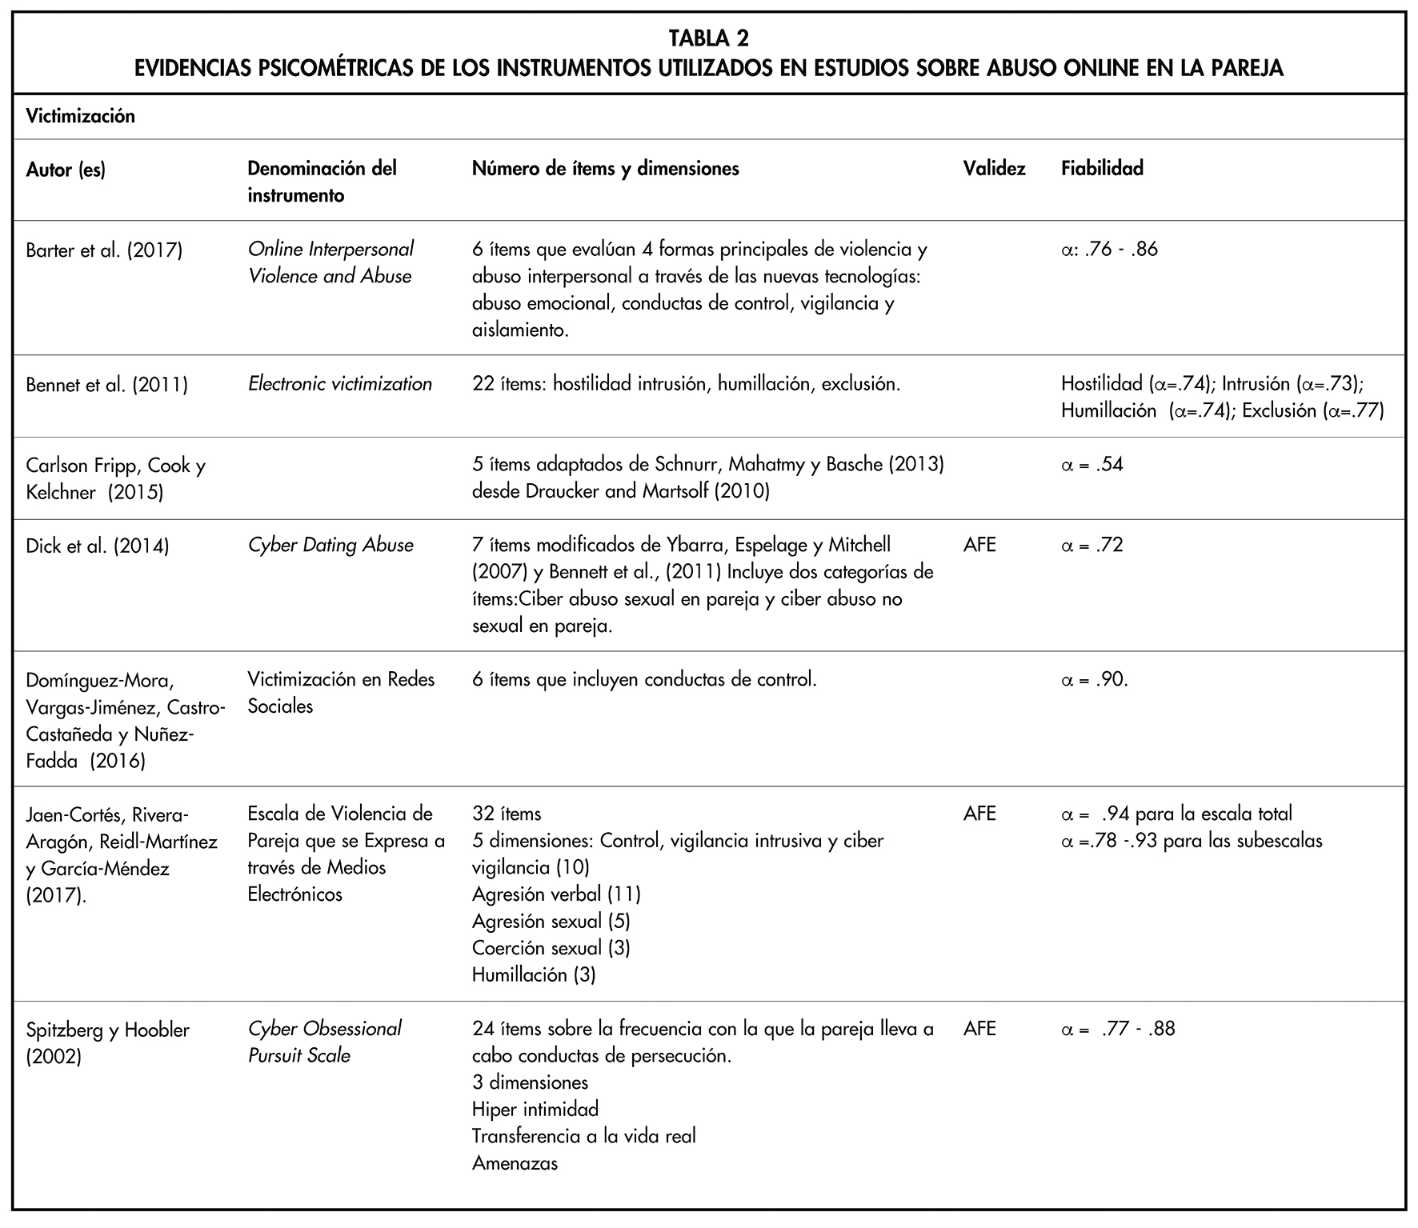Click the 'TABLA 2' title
(708, 38)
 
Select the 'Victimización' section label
(80, 117)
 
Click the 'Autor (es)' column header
(66, 170)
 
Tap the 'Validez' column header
(994, 169)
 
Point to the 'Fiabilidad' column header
(1102, 169)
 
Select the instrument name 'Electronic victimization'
(339, 385)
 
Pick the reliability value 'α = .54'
(1092, 465)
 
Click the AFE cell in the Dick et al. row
(979, 546)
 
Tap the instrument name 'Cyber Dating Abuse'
(330, 546)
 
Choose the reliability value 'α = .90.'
(1094, 680)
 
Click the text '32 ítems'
(507, 814)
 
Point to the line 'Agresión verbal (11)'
(556, 894)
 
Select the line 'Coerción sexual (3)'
(551, 948)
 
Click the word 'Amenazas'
(515, 1163)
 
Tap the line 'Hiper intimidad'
(535, 1110)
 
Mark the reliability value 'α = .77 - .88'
(1117, 1029)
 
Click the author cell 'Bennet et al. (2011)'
(106, 386)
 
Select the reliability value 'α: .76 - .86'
(1109, 250)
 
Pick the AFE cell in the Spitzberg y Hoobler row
(979, 1029)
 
